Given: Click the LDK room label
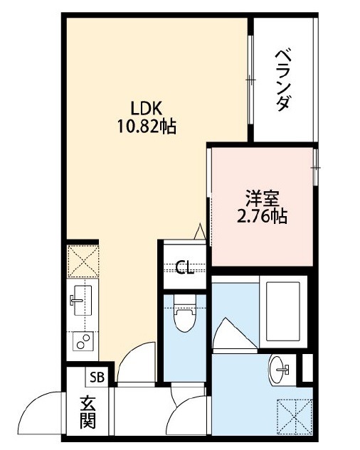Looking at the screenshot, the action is tap(147, 108).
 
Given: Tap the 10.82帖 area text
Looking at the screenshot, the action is tap(147, 127).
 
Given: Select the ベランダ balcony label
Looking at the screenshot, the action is tap(282, 80).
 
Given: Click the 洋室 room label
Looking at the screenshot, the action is tap(262, 198).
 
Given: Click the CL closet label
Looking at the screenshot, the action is tap(185, 268).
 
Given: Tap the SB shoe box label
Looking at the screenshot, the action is tap(97, 377).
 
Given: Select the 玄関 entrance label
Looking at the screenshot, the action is tap(88, 412).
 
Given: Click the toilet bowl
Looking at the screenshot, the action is tap(184, 313).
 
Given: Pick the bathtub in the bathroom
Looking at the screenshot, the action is tap(283, 311).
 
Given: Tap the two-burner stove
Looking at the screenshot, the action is tap(83, 341).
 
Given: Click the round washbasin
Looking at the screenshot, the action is tap(279, 369).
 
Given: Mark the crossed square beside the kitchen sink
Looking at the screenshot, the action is tap(83, 261).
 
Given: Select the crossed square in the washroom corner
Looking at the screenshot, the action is tap(295, 417).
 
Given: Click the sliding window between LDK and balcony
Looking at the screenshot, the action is tap(251, 80).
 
